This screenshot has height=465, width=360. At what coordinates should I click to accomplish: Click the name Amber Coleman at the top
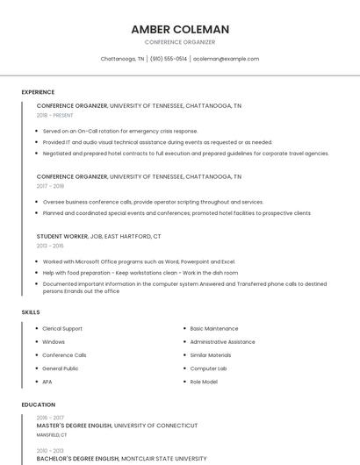click(x=179, y=29)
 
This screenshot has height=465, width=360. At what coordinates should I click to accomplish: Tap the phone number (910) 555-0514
click(x=169, y=59)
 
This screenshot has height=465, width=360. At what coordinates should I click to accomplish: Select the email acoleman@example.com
click(x=226, y=59)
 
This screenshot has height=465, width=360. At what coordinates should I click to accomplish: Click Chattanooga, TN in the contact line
click(x=123, y=59)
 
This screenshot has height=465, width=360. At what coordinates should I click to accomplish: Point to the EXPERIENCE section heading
click(x=38, y=92)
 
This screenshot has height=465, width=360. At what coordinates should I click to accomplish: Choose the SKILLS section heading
click(x=31, y=312)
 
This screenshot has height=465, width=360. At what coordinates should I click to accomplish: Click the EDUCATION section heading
click(x=38, y=404)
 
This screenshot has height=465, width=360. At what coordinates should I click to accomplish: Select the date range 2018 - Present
click(x=55, y=115)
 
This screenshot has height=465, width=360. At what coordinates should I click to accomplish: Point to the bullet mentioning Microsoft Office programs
click(x=139, y=261)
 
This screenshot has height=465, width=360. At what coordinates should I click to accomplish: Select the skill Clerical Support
click(x=61, y=328)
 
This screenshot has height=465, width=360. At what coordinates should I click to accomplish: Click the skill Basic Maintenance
click(x=213, y=328)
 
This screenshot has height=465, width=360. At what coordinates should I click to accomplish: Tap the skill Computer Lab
click(x=208, y=368)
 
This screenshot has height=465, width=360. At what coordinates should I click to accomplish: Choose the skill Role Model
click(x=204, y=382)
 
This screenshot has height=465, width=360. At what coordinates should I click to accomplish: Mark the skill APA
click(x=47, y=382)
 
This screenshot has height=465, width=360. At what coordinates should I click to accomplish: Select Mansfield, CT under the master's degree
click(x=52, y=434)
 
